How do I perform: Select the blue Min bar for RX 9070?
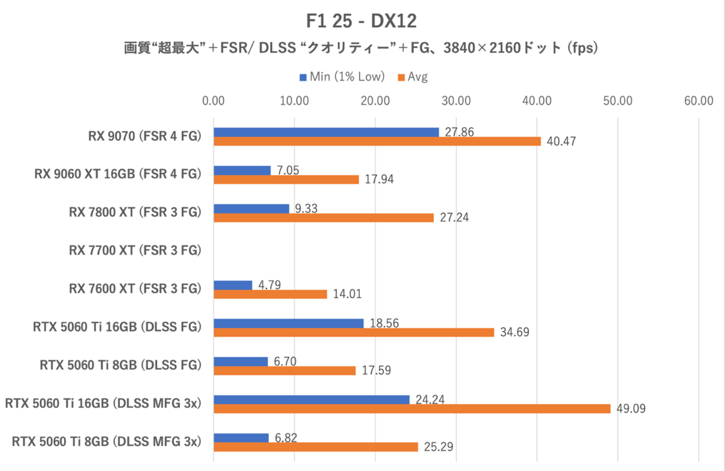(x=326, y=132)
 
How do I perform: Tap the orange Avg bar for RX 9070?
(x=377, y=141)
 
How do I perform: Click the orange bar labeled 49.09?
(x=412, y=409)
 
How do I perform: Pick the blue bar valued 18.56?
(x=289, y=323)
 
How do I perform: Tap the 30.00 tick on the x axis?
(x=456, y=101)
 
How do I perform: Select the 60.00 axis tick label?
(x=699, y=101)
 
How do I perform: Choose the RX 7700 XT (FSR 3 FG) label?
(x=135, y=250)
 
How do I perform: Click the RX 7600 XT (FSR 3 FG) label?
(x=135, y=289)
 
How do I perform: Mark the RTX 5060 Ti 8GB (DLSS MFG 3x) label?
(x=106, y=441)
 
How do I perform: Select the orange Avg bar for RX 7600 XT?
(x=270, y=294)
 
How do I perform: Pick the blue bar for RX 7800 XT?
(x=251, y=209)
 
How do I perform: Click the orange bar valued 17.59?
(x=285, y=371)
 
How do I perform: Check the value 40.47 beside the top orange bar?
(x=560, y=142)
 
